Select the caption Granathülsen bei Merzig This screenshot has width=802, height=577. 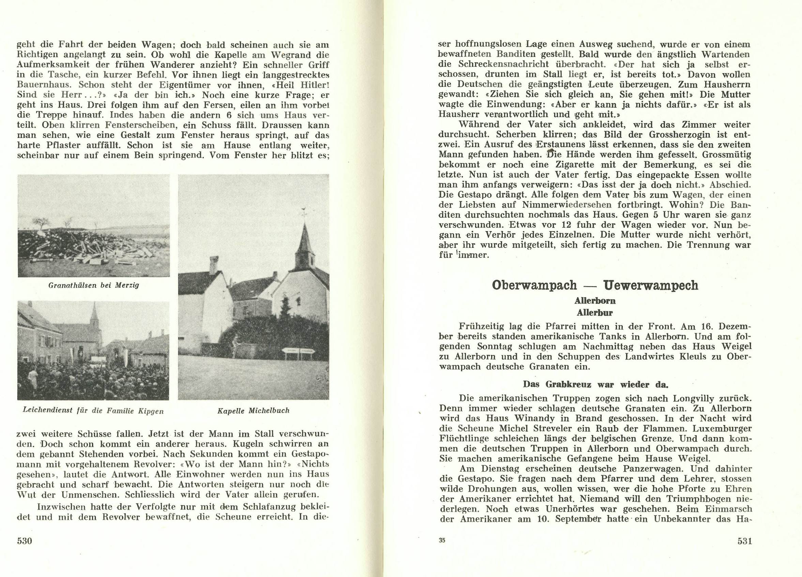point(93,285)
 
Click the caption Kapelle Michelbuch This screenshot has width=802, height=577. point(253,410)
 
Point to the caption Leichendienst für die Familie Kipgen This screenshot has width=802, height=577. point(93,411)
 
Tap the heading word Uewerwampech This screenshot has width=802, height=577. point(651,285)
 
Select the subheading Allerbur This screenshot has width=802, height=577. point(595,312)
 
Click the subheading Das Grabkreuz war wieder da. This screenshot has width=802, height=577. point(595,384)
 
